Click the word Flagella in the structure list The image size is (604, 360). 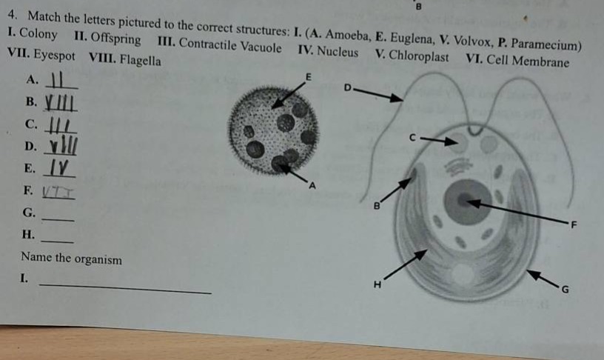click(140, 60)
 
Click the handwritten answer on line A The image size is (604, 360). click(62, 80)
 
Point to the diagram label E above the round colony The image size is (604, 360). click(310, 76)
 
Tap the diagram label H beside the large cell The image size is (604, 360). click(377, 284)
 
